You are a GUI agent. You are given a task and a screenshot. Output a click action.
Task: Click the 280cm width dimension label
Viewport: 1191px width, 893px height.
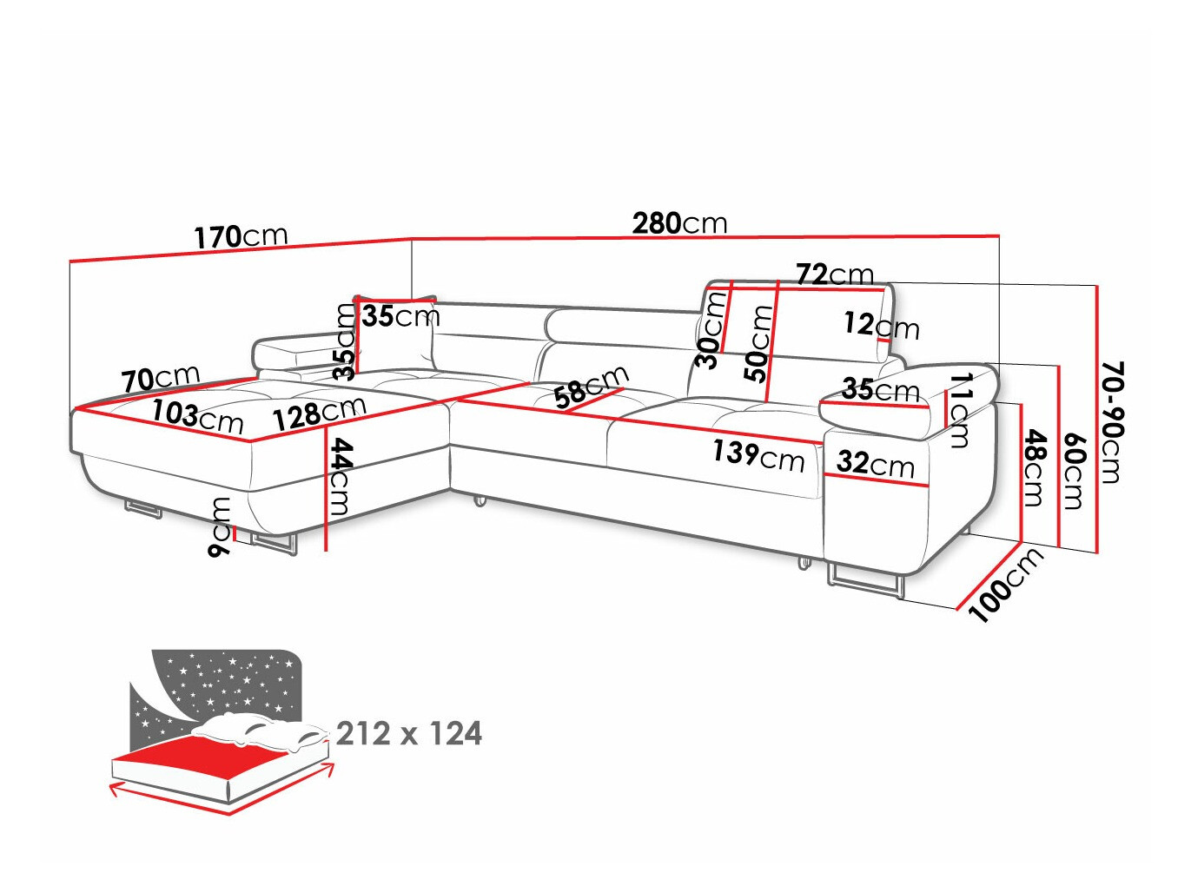tap(679, 223)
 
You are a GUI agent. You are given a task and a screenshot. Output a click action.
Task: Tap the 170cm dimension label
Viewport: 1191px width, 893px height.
tap(240, 236)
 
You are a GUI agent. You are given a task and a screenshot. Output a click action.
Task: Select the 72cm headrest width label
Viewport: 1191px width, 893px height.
tap(835, 275)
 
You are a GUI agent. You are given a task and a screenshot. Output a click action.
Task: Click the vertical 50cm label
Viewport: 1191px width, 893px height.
tap(759, 344)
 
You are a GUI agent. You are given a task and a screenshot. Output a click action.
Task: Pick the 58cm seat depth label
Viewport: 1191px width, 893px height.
tap(591, 387)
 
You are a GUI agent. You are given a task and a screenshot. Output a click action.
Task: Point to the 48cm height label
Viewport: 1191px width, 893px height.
tap(1034, 467)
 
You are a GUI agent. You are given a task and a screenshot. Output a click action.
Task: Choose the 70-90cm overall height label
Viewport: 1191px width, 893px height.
tap(1111, 422)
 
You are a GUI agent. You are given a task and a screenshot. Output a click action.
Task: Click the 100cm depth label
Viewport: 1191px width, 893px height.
tap(1005, 586)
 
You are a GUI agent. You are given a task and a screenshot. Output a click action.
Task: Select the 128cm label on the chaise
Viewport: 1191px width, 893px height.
tap(319, 413)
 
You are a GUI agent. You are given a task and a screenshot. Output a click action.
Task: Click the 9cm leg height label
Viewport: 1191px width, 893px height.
tap(221, 527)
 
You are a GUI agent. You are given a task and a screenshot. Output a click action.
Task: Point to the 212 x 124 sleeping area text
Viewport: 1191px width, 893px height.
tap(408, 734)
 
